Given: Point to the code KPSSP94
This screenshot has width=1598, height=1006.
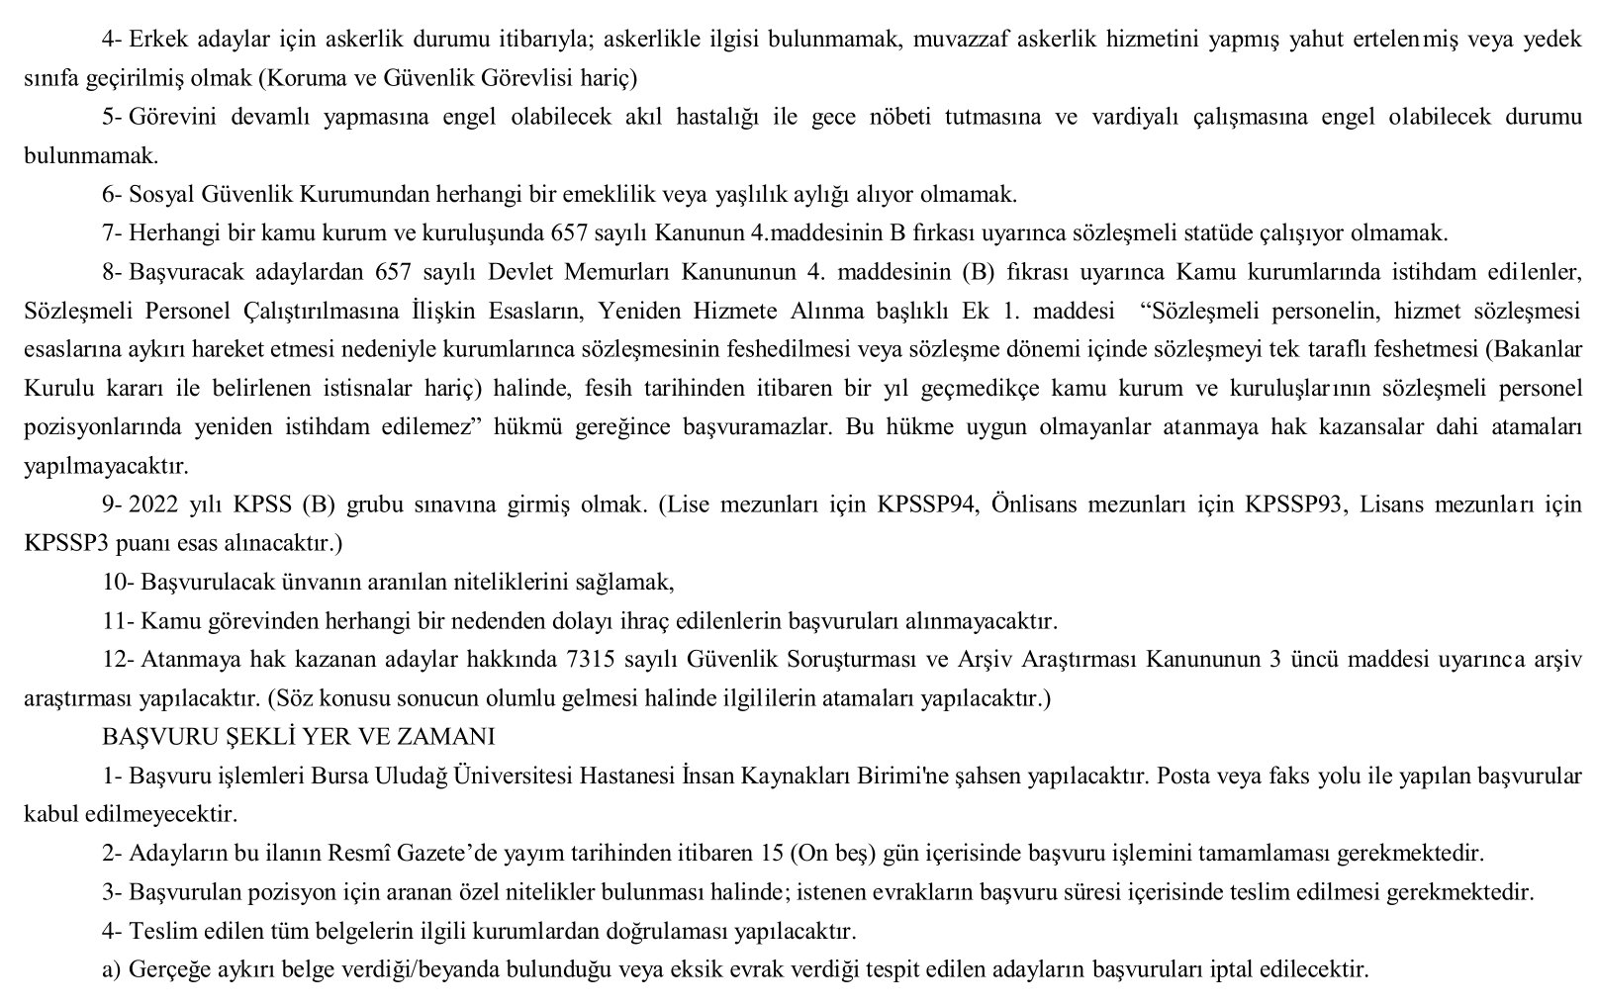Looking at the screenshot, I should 928,504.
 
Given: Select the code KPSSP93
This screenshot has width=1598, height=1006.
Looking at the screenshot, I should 1294,504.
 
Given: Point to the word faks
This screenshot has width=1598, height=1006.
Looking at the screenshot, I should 1277,776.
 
